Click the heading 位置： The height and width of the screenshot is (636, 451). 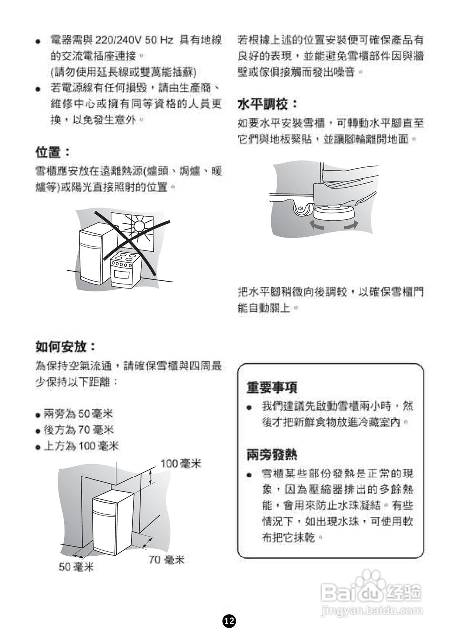click(x=53, y=151)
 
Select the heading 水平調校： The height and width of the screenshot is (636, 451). click(x=268, y=104)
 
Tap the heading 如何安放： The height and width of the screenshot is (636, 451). click(x=66, y=346)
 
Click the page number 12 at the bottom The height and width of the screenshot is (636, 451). click(x=229, y=620)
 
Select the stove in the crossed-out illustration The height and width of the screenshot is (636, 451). click(x=125, y=269)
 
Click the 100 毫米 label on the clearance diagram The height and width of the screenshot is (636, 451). click(x=180, y=464)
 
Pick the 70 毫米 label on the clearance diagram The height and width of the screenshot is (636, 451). click(x=167, y=560)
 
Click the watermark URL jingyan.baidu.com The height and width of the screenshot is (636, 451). click(x=372, y=610)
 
